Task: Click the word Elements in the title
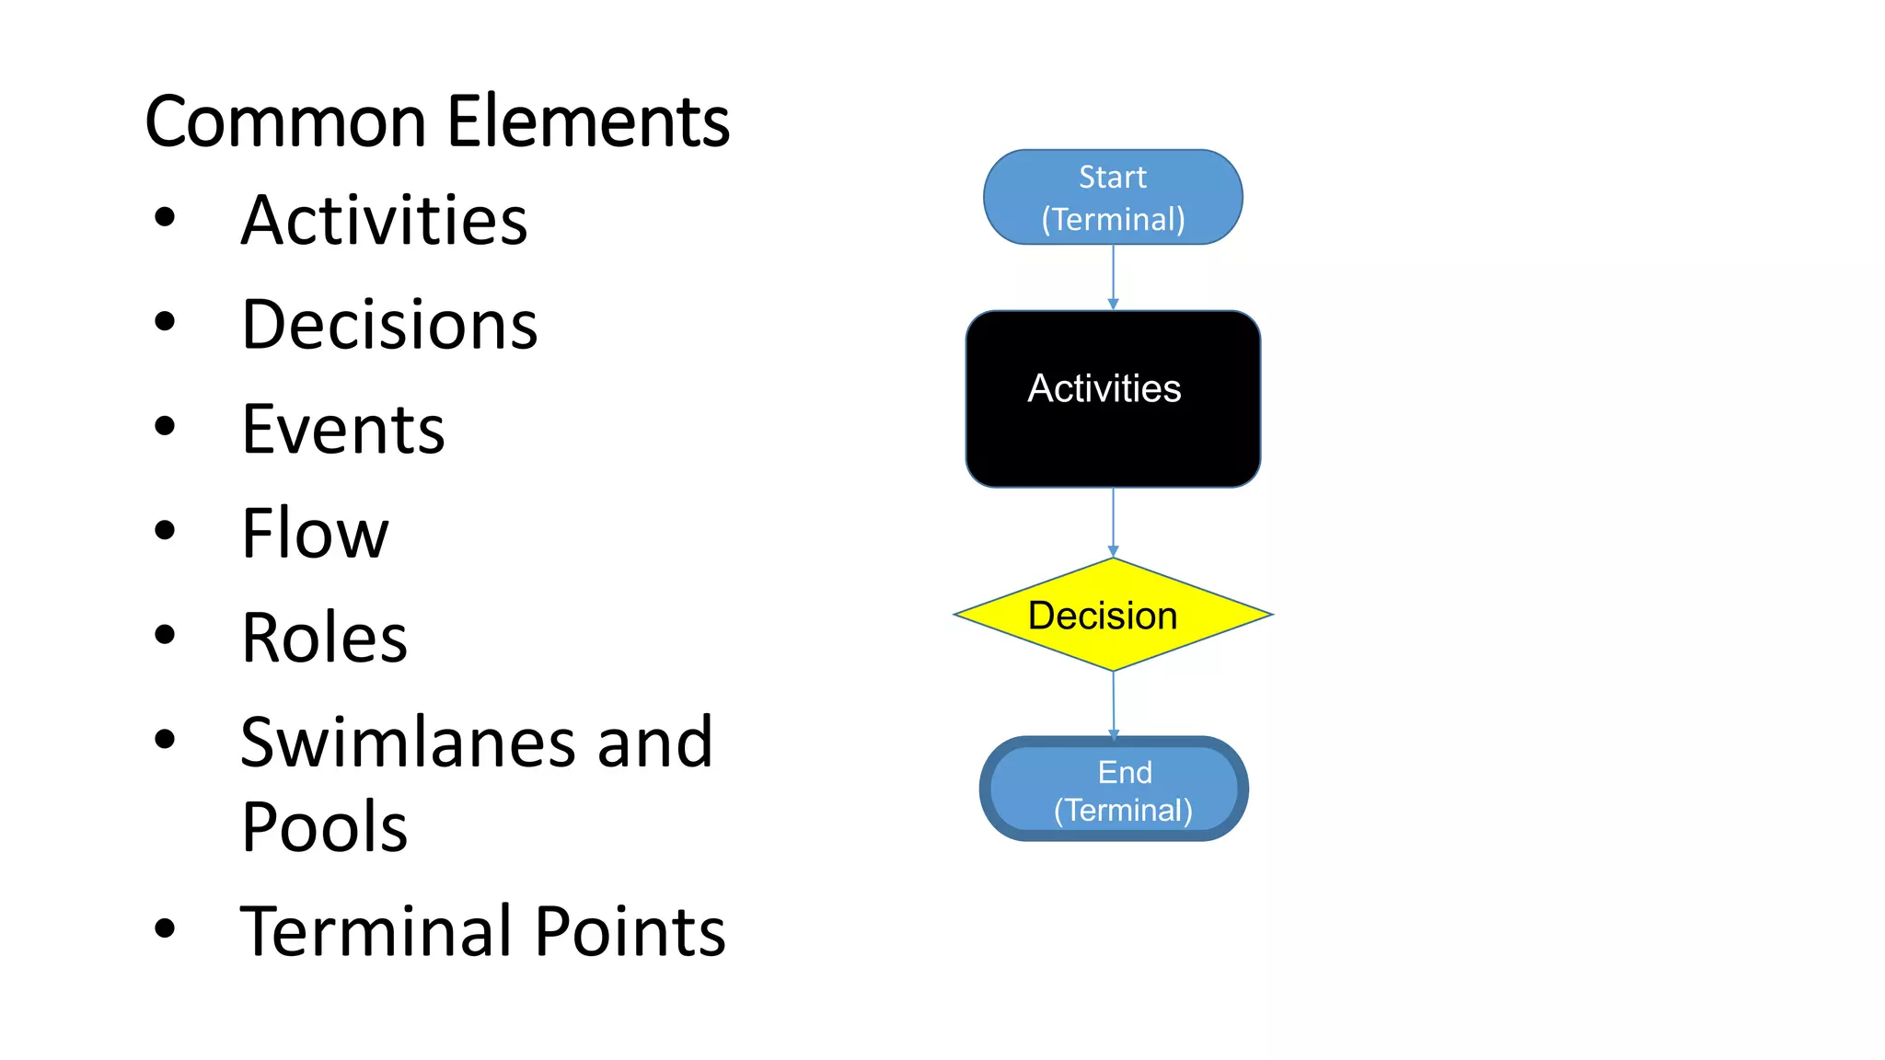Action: (589, 121)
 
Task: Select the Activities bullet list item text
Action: (384, 221)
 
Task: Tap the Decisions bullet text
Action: (389, 326)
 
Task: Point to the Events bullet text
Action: (342, 430)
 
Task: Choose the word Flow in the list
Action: (315, 534)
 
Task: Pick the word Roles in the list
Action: (324, 638)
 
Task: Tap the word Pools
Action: (324, 827)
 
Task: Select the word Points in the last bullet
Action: (630, 931)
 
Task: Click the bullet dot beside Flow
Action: (165, 531)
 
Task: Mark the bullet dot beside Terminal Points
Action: (165, 928)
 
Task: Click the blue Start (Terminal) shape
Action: (1113, 197)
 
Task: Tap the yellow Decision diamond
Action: (1113, 615)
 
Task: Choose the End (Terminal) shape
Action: (1114, 789)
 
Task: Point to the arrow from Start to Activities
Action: (1113, 277)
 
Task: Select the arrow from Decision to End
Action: (1114, 704)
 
